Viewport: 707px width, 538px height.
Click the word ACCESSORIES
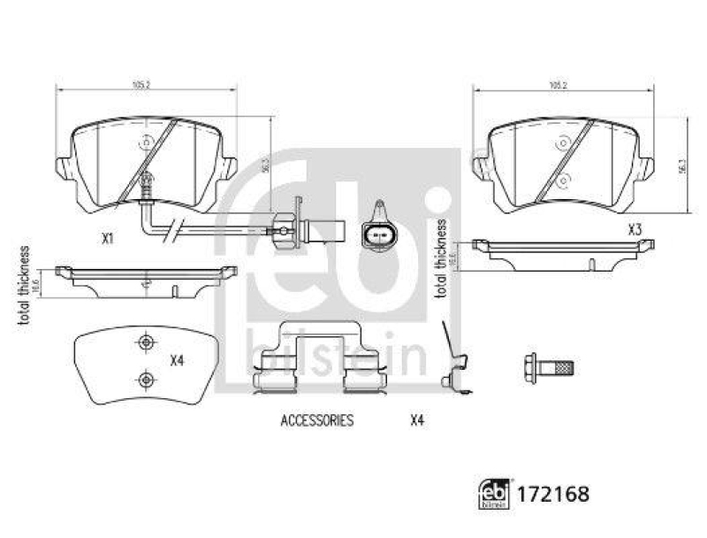point(316,421)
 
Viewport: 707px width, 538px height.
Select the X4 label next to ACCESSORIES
point(417,421)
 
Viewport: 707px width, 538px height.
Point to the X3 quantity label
point(634,229)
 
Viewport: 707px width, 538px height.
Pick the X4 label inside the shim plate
point(176,360)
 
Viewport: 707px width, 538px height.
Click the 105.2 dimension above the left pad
point(140,85)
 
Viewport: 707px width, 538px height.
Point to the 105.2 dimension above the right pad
point(557,85)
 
